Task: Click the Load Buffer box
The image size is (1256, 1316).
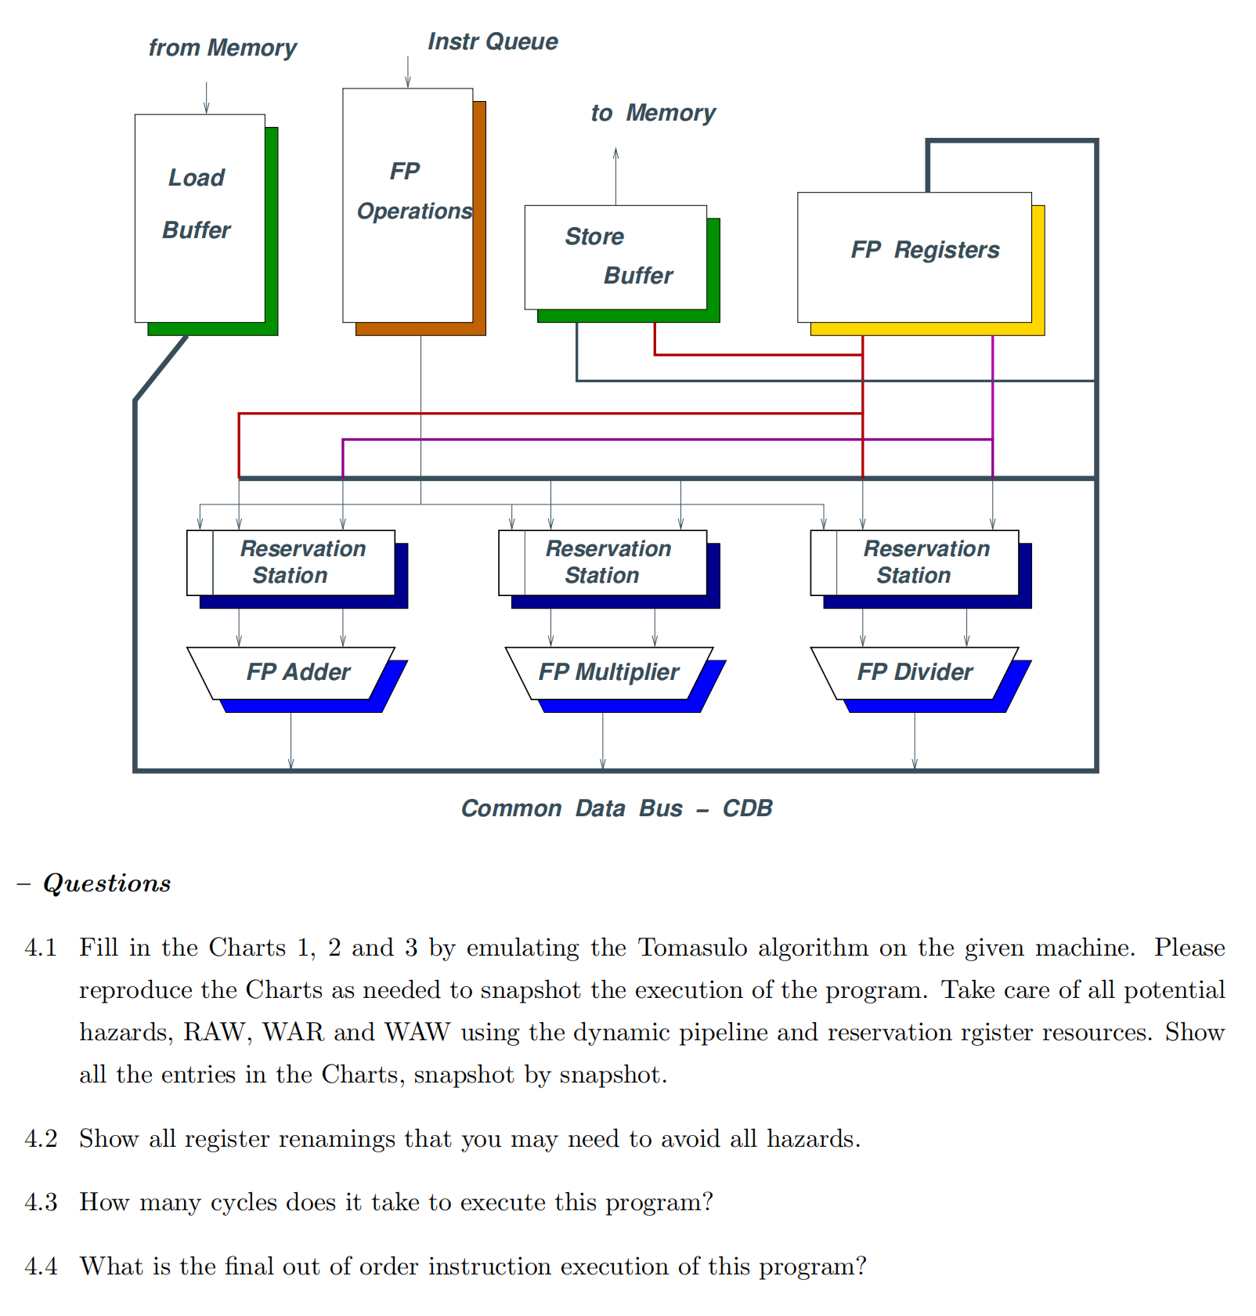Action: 200,218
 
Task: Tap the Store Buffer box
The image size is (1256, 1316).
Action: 615,257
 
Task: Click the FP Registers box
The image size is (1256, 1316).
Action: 914,256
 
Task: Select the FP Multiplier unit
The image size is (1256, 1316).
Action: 608,673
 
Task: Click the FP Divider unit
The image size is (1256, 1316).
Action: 914,673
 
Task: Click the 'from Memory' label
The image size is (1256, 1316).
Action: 222,48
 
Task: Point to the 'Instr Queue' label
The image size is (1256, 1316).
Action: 493,42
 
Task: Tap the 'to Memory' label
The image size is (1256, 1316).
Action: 652,113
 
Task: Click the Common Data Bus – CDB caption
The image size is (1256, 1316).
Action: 616,808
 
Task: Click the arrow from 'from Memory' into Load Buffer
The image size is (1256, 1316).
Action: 206,98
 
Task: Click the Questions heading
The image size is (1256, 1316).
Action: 106,884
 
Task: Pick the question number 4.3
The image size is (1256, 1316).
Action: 41,1202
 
